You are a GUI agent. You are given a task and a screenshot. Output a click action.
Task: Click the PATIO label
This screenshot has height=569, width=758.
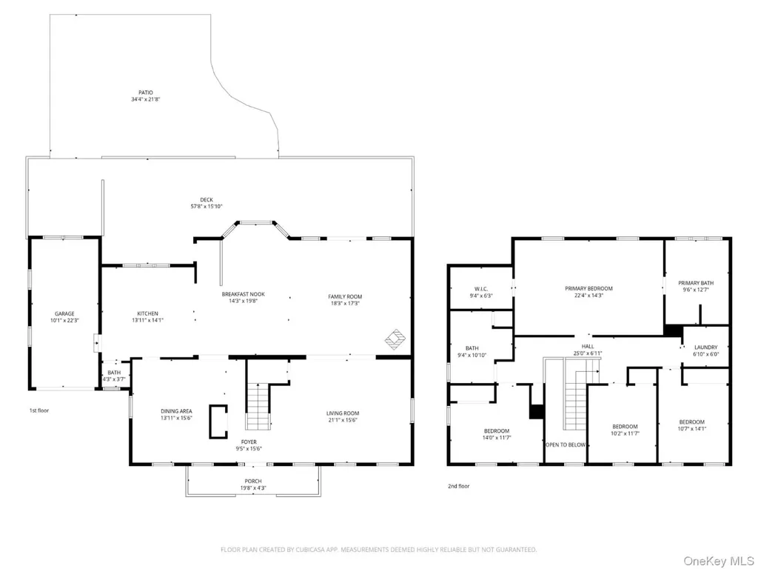tap(146, 93)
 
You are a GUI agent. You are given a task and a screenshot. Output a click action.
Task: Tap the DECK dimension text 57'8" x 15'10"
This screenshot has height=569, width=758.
tap(207, 207)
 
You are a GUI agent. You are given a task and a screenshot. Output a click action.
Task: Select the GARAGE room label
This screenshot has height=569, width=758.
tap(64, 314)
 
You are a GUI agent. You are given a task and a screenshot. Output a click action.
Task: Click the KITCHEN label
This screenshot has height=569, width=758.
tap(147, 314)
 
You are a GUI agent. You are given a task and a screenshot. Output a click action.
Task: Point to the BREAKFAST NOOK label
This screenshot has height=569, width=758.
tap(243, 294)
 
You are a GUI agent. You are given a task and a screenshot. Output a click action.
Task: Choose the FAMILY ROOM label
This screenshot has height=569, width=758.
tap(345, 296)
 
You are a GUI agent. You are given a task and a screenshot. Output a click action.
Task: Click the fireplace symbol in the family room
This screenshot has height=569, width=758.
tap(395, 339)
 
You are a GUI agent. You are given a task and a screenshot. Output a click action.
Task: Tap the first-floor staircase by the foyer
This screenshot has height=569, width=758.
tap(258, 406)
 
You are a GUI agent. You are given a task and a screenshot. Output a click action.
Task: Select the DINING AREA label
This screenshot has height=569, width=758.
tap(176, 411)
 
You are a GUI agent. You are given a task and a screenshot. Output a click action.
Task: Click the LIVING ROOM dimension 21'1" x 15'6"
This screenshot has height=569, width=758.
tap(342, 420)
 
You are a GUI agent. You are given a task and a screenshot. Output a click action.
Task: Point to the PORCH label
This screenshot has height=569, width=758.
tap(253, 481)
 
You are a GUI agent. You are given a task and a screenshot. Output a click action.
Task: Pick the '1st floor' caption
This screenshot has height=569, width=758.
tap(39, 410)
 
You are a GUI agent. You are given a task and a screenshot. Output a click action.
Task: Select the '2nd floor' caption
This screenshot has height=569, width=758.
tap(458, 486)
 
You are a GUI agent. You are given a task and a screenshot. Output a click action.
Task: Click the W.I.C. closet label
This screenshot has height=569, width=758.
tap(481, 289)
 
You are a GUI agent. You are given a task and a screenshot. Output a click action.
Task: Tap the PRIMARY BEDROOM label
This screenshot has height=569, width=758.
tap(588, 288)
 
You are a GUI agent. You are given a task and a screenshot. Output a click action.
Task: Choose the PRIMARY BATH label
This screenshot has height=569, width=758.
tap(696, 283)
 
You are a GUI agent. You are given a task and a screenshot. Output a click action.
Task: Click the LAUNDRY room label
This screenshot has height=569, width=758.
tap(705, 347)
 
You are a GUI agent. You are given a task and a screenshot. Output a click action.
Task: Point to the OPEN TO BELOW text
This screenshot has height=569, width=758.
tap(565, 445)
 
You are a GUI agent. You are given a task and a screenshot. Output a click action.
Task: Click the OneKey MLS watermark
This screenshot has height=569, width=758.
tap(718, 561)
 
